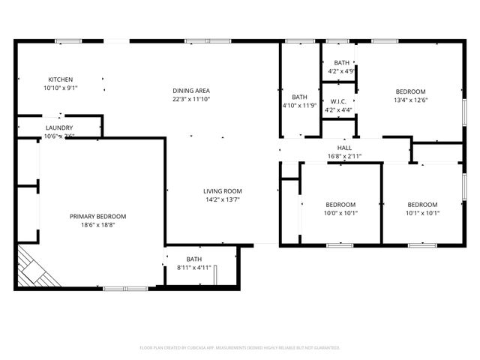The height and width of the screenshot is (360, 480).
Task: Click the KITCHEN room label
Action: pyautogui.click(x=61, y=79)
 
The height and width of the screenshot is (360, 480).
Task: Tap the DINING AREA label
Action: pyautogui.click(x=191, y=91)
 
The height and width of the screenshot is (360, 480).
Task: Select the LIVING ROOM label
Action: pyautogui.click(x=223, y=191)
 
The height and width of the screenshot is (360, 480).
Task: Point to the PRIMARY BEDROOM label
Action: pyautogui.click(x=98, y=217)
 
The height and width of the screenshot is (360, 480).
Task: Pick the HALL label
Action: pyautogui.click(x=344, y=148)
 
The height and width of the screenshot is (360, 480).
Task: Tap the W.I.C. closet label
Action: pyautogui.click(x=338, y=101)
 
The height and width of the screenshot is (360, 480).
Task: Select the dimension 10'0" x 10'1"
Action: pyautogui.click(x=340, y=213)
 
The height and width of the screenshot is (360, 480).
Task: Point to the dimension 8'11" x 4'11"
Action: pyautogui.click(x=194, y=268)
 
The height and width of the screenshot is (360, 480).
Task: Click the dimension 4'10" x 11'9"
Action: pyautogui.click(x=299, y=106)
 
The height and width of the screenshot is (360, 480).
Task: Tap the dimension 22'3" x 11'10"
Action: pyautogui.click(x=191, y=99)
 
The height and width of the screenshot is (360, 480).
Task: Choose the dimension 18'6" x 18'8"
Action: pyautogui.click(x=98, y=225)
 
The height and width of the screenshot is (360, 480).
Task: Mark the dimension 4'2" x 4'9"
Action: pyautogui.click(x=341, y=71)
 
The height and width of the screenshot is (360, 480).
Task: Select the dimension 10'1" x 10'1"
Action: pyautogui.click(x=422, y=213)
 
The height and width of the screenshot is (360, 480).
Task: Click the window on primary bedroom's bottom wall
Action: pyautogui.click(x=125, y=289)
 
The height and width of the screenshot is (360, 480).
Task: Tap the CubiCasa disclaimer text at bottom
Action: pyautogui.click(x=240, y=348)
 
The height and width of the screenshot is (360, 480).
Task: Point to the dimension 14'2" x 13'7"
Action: pyautogui.click(x=223, y=199)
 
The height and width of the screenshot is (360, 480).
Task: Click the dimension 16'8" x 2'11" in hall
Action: pyautogui.click(x=344, y=156)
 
